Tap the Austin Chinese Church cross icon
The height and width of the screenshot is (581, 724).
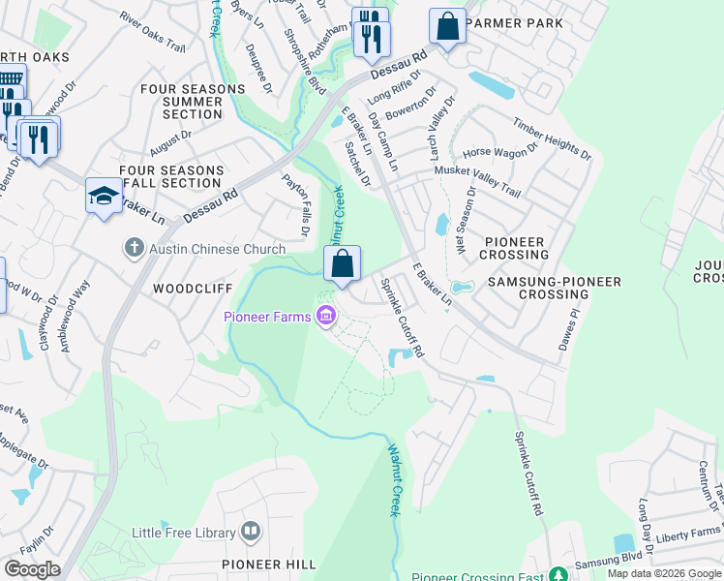pos(135,249)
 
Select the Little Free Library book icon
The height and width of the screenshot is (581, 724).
pos(251,532)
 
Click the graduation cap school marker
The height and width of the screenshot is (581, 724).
pos(104,197)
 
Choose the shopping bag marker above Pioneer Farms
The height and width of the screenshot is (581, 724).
pos(342,263)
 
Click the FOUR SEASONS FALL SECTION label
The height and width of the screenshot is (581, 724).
pos(170,176)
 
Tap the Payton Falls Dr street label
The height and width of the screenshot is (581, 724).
pos(294,205)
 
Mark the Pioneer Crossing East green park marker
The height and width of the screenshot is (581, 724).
pos(557,575)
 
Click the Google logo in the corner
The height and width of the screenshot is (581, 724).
pos(32,569)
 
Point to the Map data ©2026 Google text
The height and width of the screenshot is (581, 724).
pos(664,573)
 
